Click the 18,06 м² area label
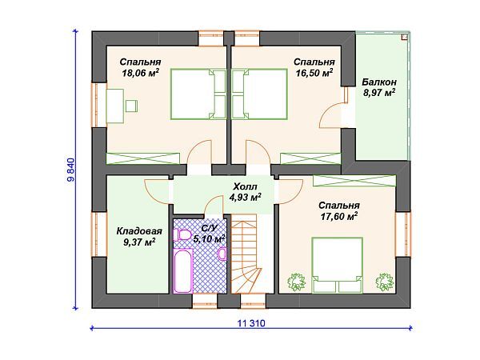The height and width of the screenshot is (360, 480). click(141, 73)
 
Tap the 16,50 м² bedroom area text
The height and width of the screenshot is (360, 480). click(314, 73)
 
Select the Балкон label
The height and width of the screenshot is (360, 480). click(379, 82)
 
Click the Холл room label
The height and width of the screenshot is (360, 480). click(246, 186)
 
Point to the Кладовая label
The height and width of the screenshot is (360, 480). click(139, 231)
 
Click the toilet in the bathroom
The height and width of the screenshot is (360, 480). click(182, 235)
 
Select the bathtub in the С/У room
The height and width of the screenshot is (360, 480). click(183, 270)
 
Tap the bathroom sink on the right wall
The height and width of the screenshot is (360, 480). click(222, 254)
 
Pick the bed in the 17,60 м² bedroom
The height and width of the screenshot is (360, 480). click(338, 265)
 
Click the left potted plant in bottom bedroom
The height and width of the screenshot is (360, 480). click(295, 282)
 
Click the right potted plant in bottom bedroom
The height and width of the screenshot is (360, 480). click(385, 282)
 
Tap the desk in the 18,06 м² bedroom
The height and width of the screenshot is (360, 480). click(115, 106)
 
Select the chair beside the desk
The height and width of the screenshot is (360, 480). click(131, 106)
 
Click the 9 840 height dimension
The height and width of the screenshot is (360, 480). click(71, 170)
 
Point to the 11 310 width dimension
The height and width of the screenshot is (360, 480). click(251, 323)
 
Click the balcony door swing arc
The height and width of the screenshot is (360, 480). click(327, 110)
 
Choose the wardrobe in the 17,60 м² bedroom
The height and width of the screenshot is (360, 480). click(354, 181)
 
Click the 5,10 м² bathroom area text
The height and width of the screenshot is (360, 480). click(210, 238)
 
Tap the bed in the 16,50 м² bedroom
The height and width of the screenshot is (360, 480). click(259, 94)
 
